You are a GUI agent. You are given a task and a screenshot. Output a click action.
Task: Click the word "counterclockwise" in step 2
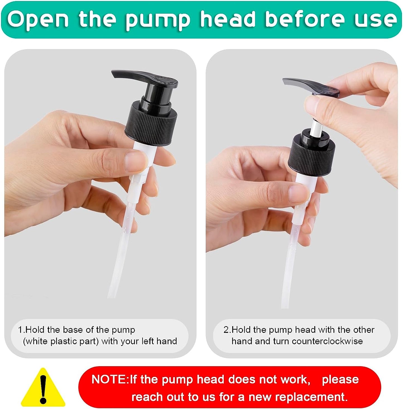tap(327, 341)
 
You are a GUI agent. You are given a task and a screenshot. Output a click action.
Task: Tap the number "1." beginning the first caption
tap(21, 329)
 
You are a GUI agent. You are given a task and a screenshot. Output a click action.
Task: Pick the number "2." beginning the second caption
tap(227, 329)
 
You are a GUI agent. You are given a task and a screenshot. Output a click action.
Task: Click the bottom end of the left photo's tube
tap(112, 297)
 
